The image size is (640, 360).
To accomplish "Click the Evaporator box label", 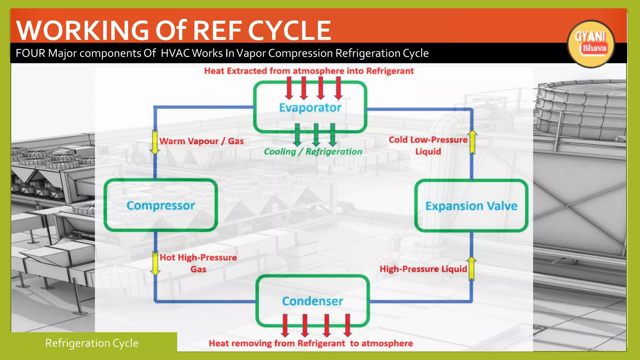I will [310, 108].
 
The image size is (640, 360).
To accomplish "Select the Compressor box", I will [161, 205].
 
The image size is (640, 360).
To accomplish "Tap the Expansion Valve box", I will [471, 206].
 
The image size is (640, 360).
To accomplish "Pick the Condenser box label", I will [312, 301].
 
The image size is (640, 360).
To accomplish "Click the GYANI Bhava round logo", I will [590, 44].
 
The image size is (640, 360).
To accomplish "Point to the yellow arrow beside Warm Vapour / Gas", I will [155, 142].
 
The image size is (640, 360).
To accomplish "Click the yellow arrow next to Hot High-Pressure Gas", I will [155, 263].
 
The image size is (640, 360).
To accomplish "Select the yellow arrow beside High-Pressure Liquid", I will [472, 268].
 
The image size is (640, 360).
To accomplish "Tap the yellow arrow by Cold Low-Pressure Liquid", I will [472, 142].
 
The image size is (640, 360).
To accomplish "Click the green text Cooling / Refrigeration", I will [313, 152].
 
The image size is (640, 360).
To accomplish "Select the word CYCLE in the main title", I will [289, 30].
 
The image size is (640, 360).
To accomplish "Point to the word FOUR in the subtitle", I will [30, 53].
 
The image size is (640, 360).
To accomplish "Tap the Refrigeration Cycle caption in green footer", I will [92, 343].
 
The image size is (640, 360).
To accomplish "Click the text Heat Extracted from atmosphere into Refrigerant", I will [309, 71].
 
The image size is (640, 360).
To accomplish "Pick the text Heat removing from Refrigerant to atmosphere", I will [311, 343].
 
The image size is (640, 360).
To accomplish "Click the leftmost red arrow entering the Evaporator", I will [289, 88].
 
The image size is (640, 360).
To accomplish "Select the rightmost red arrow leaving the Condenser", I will [347, 325].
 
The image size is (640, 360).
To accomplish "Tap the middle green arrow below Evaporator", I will [316, 135].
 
